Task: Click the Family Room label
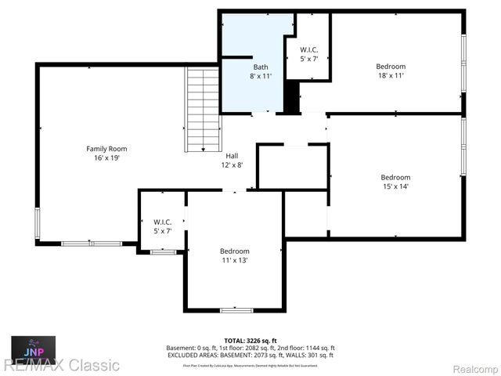pos(106,148)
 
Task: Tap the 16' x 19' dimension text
pos(106,157)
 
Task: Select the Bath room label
pos(261,67)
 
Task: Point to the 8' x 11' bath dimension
pos(261,76)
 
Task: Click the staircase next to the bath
pos(203,110)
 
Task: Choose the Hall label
pos(232,155)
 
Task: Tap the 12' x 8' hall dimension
pos(232,164)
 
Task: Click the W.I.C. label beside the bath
pos(309,51)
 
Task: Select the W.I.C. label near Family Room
pos(163,222)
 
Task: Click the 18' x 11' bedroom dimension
pos(391,76)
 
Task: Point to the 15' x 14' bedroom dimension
pos(395,186)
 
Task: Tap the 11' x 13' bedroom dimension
pos(234,259)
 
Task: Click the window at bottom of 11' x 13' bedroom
pos(236,311)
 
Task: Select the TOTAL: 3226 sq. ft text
pos(250,341)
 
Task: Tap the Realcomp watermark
pos(467,365)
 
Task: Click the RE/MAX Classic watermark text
pos(60,365)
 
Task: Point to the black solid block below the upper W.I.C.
pos(291,97)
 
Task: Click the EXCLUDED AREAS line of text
pos(250,356)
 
